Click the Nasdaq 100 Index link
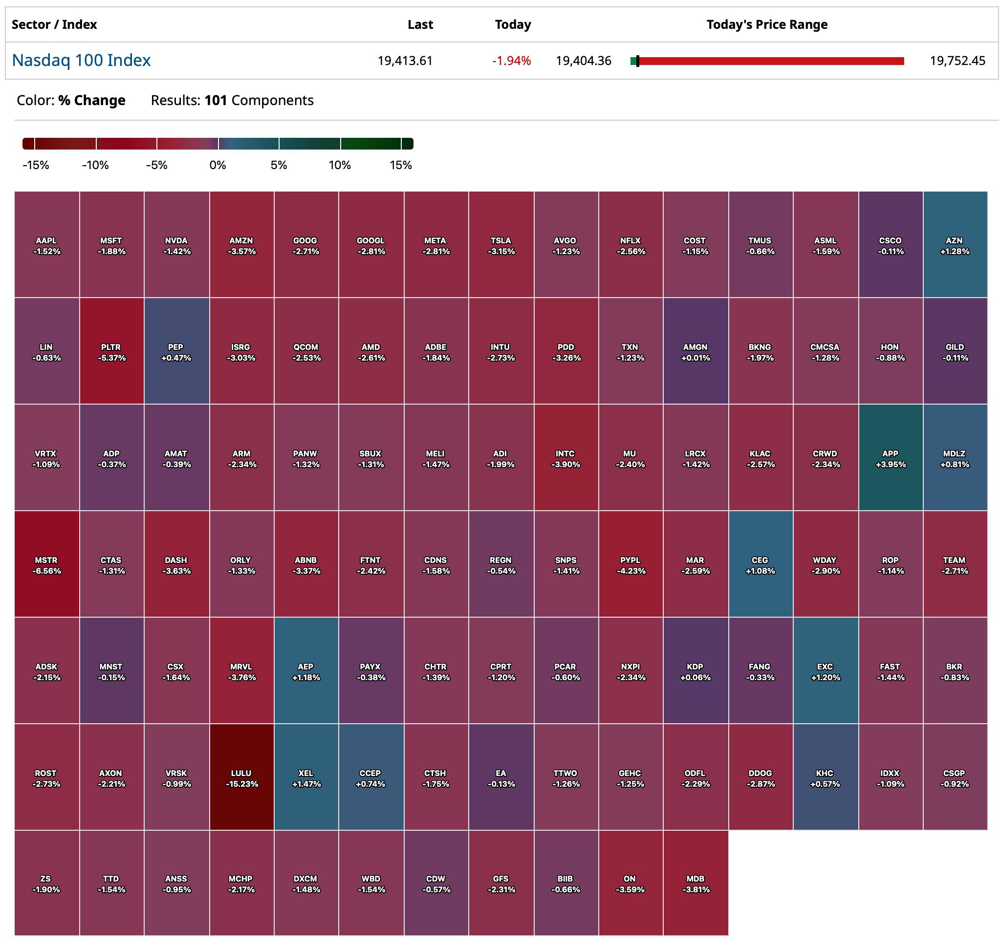[x=81, y=60]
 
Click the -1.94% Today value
[x=511, y=61]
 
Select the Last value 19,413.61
[x=405, y=61]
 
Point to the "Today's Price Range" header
[x=766, y=24]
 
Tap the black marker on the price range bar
[x=637, y=61]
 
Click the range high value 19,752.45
[x=957, y=61]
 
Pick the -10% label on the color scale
[x=95, y=165]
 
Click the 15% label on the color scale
[x=400, y=165]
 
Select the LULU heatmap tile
[x=241, y=777]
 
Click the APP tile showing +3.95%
[x=890, y=457]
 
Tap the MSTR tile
[x=46, y=564]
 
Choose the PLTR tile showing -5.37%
[x=111, y=351]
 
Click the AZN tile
[x=955, y=244]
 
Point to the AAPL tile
[x=46, y=244]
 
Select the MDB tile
[x=696, y=883]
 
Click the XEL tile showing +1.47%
[x=305, y=777]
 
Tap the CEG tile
[x=760, y=564]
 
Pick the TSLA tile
[x=500, y=244]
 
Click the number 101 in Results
[x=216, y=100]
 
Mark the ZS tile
[x=46, y=883]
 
